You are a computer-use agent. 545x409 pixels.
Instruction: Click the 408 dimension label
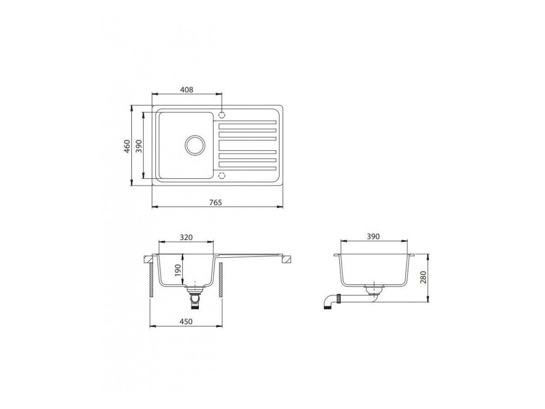pos(187,89)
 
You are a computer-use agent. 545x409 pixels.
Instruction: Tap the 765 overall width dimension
pos(216,203)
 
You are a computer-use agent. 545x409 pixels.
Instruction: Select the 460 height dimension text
pos(127,146)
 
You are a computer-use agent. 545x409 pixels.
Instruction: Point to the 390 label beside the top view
pos(138,146)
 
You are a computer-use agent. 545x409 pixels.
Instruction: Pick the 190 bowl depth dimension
pos(177,270)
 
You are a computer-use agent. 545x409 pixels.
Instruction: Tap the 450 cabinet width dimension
pos(186,321)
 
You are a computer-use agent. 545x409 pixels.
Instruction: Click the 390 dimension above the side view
pos(373,237)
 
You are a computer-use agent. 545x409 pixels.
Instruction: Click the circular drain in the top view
pos(195,145)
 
